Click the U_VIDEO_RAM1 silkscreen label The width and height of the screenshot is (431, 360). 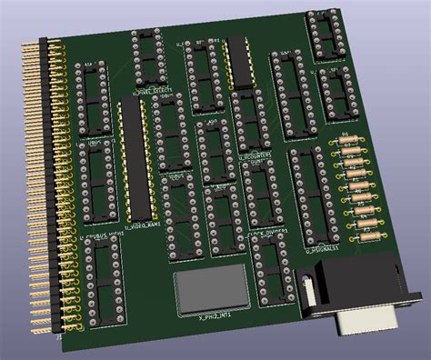coord(143,224)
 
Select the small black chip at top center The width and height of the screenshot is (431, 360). coord(239,59)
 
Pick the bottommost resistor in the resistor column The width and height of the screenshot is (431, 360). coord(366,235)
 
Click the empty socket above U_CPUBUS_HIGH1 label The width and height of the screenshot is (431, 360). coord(97,183)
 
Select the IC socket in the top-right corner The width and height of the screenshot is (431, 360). coord(325,35)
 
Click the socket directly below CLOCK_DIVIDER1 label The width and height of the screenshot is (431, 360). coord(270,272)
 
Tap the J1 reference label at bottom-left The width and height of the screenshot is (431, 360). coord(59,337)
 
